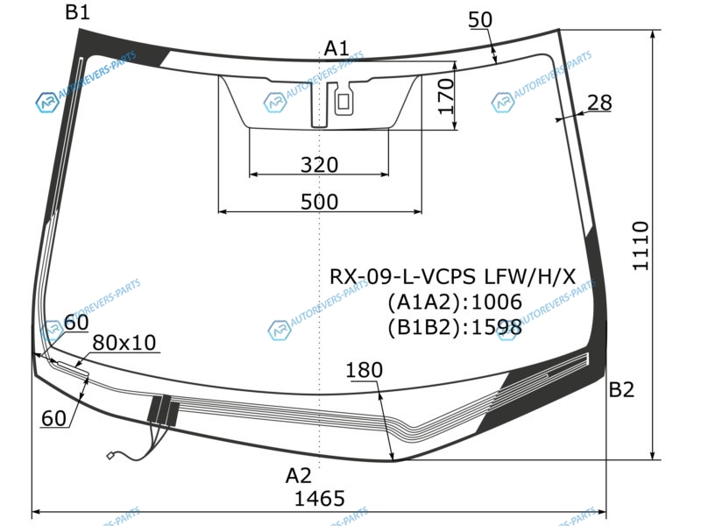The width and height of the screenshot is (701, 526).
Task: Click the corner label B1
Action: pyautogui.click(x=77, y=11)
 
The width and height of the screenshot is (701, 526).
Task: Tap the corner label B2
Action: pyautogui.click(x=621, y=390)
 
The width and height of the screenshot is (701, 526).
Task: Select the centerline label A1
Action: pyautogui.click(x=336, y=48)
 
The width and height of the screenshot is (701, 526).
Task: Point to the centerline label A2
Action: pyautogui.click(x=298, y=475)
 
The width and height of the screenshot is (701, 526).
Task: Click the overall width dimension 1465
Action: pyautogui.click(x=320, y=498)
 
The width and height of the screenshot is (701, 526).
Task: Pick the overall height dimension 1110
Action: pyautogui.click(x=641, y=245)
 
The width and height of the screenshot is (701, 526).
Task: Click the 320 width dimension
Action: pyautogui.click(x=319, y=165)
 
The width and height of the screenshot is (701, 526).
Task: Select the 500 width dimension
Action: pyautogui.click(x=319, y=202)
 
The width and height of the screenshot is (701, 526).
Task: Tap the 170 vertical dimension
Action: pyautogui.click(x=446, y=96)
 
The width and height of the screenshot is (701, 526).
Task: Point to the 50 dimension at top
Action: pyautogui.click(x=480, y=19)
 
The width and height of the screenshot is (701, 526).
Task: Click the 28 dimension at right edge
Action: pyautogui.click(x=599, y=103)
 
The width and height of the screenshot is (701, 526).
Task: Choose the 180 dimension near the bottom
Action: pyautogui.click(x=364, y=370)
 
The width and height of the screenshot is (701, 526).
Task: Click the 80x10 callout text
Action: pyautogui.click(x=124, y=343)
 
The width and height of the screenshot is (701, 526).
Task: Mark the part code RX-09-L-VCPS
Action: pyautogui.click(x=402, y=277)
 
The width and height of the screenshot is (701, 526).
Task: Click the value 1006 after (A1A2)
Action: pyautogui.click(x=497, y=302)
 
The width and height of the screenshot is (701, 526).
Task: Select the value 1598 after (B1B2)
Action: pyautogui.click(x=497, y=328)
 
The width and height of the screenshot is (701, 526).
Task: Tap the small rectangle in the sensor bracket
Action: pyautogui.click(x=343, y=102)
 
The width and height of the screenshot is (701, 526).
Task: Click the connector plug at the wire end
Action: pyautogui.click(x=110, y=456)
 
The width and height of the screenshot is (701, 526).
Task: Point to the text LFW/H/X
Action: pyautogui.click(x=530, y=277)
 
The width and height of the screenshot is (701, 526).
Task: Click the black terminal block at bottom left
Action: pyautogui.click(x=164, y=410)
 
